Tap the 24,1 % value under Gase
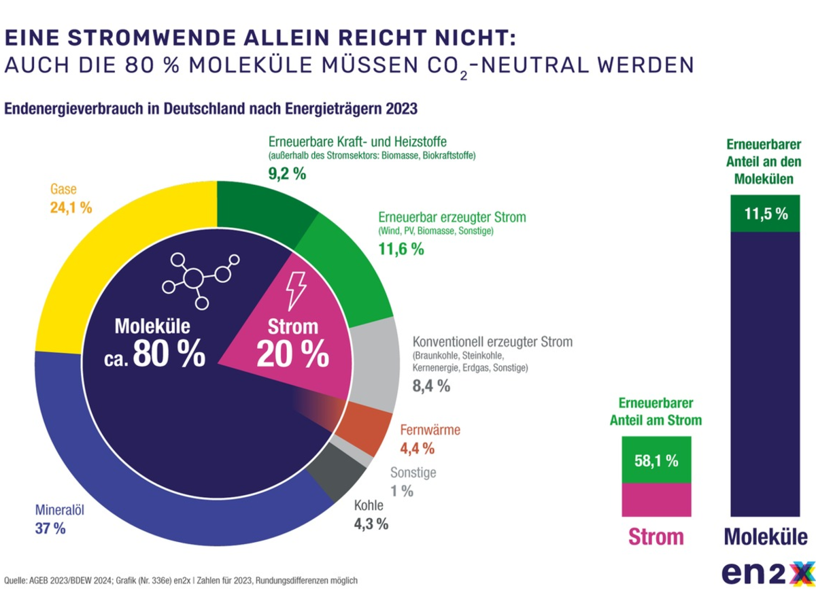coord(71,207)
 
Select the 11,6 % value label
coord(401,249)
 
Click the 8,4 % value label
coord(431,386)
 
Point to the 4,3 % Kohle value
coord(371,524)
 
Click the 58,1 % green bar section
coord(656,460)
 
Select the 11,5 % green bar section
coord(766,214)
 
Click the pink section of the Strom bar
coord(656,499)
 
